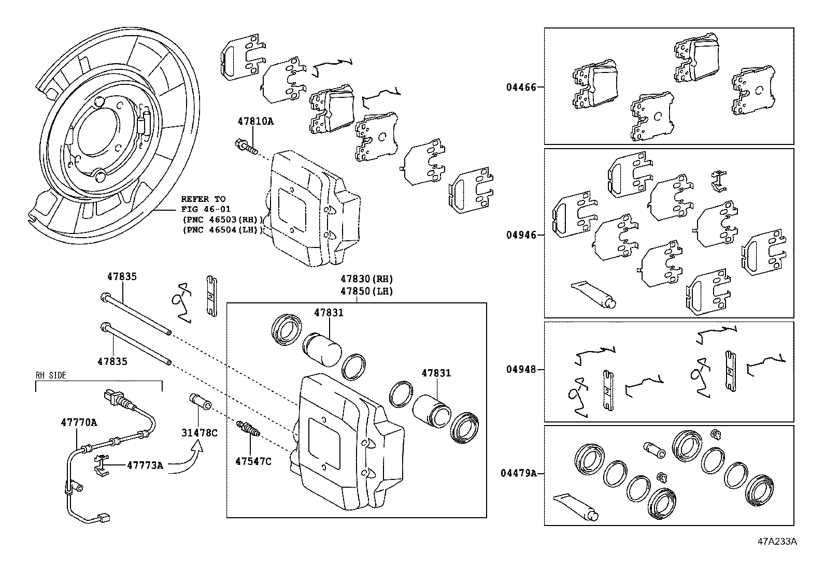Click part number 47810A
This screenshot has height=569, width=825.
click(255, 122)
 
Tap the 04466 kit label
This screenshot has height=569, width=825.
click(521, 87)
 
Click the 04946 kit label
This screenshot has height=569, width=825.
click(521, 235)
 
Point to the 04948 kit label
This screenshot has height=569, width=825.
click(521, 370)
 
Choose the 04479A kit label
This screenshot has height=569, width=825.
click(519, 473)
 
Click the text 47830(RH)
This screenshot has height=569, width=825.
click(367, 279)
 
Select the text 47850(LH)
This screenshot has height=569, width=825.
click(367, 291)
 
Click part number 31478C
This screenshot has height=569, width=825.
click(199, 433)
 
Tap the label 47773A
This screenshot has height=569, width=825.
click(145, 465)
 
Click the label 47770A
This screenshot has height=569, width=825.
click(79, 422)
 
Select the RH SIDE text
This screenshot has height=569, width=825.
click(51, 375)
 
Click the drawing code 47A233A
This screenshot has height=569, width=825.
click(777, 542)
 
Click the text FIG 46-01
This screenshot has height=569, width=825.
click(203, 209)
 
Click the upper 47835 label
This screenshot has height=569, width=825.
click(122, 276)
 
